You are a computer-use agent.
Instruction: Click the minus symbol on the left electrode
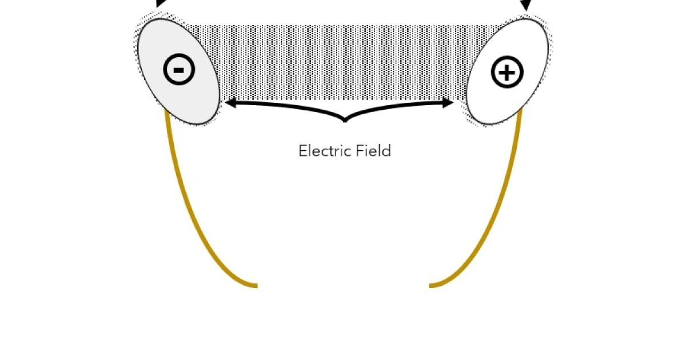(x=179, y=70)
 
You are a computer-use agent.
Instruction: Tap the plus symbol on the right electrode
(x=507, y=73)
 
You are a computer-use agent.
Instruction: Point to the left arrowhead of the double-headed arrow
(x=229, y=103)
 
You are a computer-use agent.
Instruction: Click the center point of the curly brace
(x=345, y=119)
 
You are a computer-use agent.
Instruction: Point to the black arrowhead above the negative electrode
(x=162, y=3)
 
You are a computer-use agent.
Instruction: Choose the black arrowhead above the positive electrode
(x=525, y=5)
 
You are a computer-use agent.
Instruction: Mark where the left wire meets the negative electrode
(x=166, y=112)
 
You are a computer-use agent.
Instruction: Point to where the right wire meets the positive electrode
(x=521, y=111)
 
